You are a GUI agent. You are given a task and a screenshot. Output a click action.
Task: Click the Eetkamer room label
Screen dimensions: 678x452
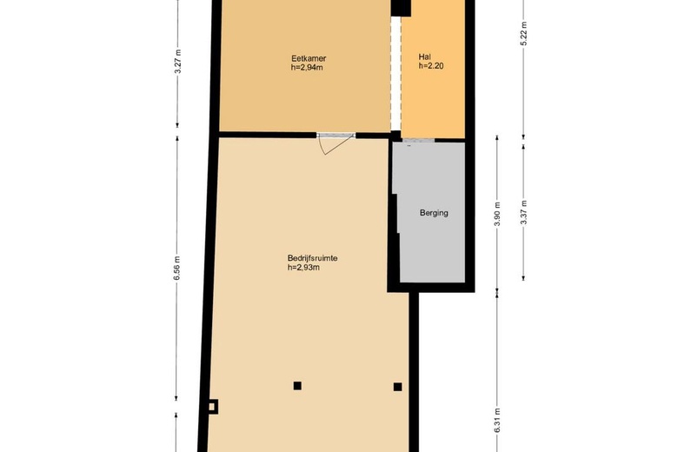[309, 58]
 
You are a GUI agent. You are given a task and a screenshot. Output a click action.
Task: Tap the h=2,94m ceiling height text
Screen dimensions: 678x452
[307, 68]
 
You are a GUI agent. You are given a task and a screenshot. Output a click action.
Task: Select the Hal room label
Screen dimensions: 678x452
[424, 56]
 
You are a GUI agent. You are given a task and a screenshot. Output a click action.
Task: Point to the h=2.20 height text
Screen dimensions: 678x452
[431, 66]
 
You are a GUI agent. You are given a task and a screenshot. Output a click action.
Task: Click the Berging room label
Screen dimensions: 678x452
[434, 213]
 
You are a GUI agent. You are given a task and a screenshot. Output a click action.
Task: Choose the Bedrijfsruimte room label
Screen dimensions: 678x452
[312, 258]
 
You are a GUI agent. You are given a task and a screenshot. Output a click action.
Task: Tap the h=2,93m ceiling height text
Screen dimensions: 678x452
[303, 268]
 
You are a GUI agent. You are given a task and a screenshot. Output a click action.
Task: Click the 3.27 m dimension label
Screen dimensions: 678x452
[177, 62]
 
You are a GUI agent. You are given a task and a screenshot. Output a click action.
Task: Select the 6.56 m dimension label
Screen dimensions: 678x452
[176, 269]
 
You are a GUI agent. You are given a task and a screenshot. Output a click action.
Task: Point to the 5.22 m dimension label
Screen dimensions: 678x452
[523, 33]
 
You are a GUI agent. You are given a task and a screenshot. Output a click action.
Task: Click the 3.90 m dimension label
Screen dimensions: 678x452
[497, 214]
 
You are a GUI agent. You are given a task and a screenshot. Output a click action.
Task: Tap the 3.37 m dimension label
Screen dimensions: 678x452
[523, 212]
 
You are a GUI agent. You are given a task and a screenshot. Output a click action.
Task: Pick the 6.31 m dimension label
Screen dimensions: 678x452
[497, 420]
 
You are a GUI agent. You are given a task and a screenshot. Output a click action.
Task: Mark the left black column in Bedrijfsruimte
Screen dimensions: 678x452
[297, 386]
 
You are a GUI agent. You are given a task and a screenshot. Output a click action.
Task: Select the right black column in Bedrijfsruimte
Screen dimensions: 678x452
[398, 387]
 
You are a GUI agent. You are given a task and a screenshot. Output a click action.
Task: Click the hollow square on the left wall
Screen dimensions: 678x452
[212, 407]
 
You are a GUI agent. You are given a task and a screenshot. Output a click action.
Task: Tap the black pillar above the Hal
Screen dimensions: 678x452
[401, 8]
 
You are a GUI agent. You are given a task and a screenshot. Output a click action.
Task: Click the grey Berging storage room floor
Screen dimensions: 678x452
[432, 243]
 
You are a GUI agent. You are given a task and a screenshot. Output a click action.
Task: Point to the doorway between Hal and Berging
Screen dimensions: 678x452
[419, 140]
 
